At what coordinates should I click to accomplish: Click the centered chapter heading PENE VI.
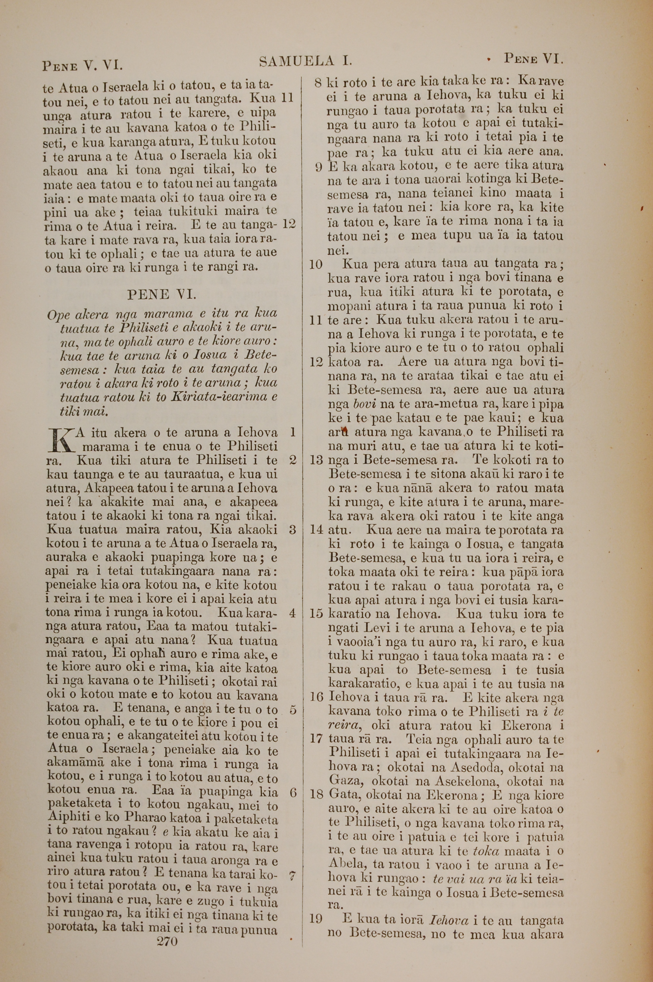(x=161, y=295)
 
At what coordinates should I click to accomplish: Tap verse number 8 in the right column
(x=318, y=83)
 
